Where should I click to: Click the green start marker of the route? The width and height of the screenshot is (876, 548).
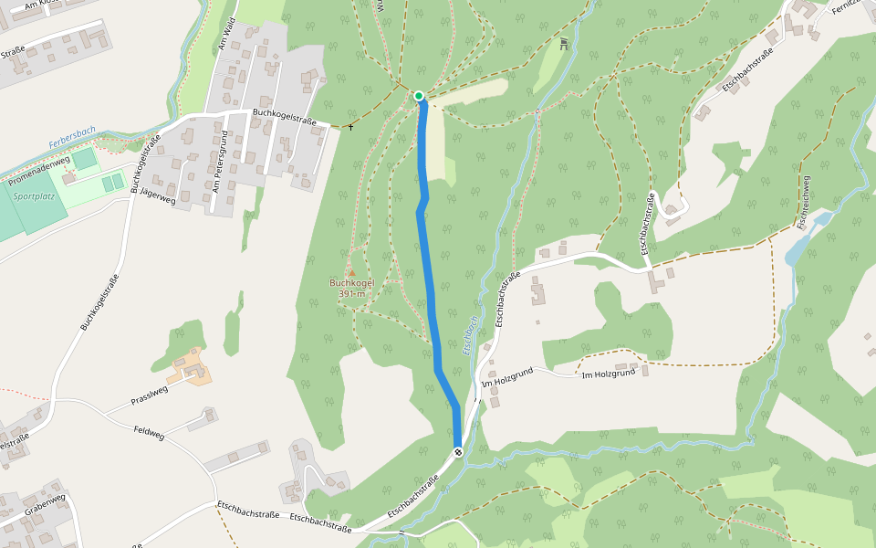[x=419, y=96]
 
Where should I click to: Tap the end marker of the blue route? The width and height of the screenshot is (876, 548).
[x=458, y=452]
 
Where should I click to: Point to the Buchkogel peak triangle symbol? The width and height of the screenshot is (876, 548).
[x=351, y=272]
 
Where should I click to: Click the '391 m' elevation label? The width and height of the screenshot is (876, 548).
[x=351, y=294]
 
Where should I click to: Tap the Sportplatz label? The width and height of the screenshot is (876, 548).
[x=31, y=195]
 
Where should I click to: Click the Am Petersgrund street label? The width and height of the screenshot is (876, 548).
[x=220, y=162]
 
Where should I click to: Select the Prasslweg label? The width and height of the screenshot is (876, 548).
[x=150, y=395]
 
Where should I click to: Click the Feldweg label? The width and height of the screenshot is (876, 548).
[x=149, y=433]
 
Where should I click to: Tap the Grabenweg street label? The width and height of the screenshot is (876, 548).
[x=45, y=506]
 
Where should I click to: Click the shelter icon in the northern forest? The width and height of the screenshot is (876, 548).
[x=564, y=42]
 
